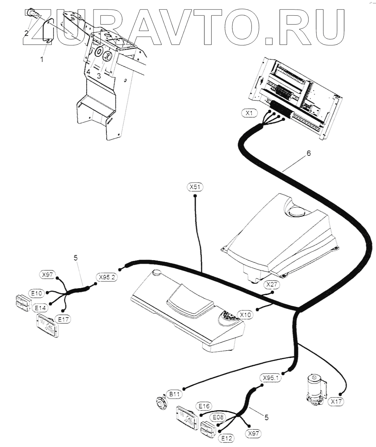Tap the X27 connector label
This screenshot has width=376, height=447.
[x=271, y=284]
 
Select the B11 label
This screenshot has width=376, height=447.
[x=174, y=394]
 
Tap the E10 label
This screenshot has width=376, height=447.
[x=37, y=293]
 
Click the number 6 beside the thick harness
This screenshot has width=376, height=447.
[x=309, y=153]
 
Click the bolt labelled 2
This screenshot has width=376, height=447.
[x=32, y=14]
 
